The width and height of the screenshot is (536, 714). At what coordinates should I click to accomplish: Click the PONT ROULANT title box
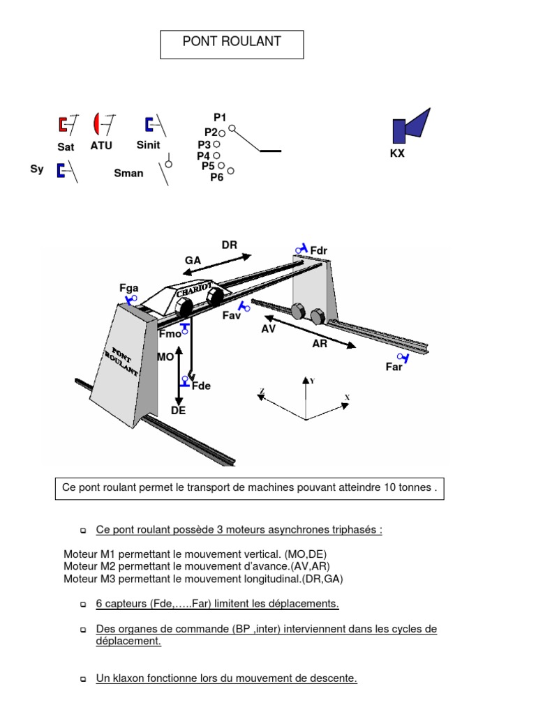[232, 43]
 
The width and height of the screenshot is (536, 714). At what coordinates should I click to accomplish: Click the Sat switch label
[66, 147]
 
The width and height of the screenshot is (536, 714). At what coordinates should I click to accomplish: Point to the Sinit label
[148, 145]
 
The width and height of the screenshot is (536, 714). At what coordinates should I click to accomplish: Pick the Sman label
[128, 173]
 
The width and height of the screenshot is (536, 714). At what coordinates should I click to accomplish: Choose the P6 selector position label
[217, 177]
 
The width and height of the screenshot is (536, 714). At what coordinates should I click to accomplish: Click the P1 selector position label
[220, 118]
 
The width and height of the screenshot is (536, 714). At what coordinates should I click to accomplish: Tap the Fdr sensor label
[320, 250]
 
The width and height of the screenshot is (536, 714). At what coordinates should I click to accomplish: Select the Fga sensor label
[129, 287]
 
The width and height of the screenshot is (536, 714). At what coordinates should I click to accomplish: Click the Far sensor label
[394, 367]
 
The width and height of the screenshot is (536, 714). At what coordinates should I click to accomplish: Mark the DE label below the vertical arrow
[179, 411]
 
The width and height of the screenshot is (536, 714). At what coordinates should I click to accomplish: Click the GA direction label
[193, 260]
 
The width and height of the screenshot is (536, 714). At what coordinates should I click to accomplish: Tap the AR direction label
[320, 344]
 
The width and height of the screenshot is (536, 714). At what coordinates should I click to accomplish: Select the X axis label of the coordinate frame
[347, 397]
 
